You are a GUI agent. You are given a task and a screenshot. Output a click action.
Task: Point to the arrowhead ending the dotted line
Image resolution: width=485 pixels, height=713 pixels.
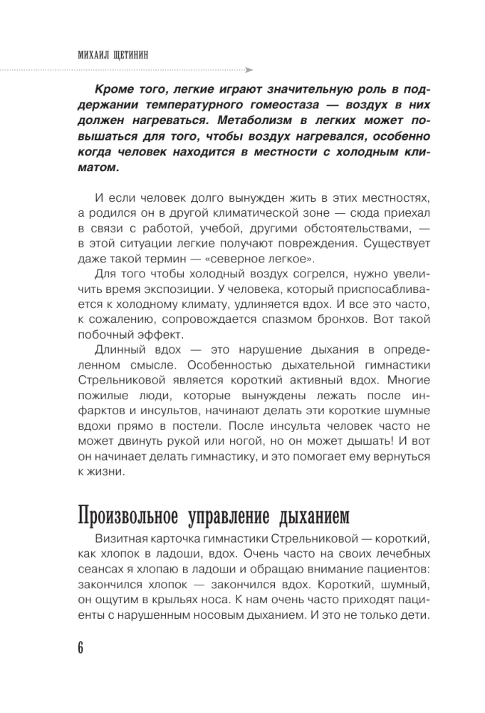click(249, 70)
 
